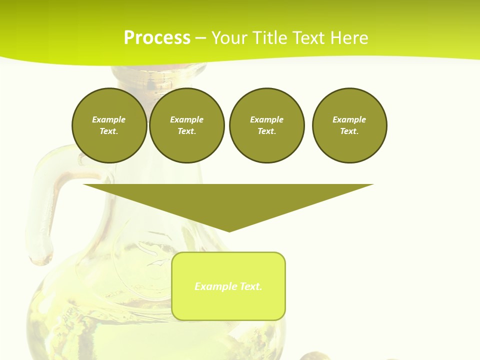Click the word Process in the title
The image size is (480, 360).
[157, 38]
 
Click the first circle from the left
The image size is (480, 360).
[109, 125]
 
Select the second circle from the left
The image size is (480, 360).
[186, 125]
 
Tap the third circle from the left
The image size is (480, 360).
[266, 125]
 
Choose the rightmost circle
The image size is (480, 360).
[349, 125]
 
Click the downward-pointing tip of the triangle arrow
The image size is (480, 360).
[229, 230]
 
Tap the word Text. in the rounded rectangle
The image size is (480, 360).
[250, 286]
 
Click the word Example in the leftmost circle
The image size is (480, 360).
[109, 119]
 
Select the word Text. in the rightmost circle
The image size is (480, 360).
[349, 131]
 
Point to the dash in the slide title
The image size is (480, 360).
[200, 38]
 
